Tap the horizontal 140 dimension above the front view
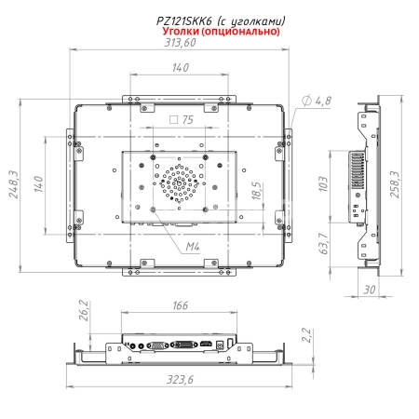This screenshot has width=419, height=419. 180,67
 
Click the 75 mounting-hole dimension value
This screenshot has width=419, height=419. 187,119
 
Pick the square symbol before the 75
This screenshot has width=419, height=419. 173,119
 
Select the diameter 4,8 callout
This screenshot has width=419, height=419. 318,100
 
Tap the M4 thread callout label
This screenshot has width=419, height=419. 192,246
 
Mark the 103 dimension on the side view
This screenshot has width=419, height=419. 323,182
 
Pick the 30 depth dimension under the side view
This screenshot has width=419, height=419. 370,290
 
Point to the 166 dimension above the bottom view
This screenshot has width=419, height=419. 180,304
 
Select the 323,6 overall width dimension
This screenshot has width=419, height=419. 180,381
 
